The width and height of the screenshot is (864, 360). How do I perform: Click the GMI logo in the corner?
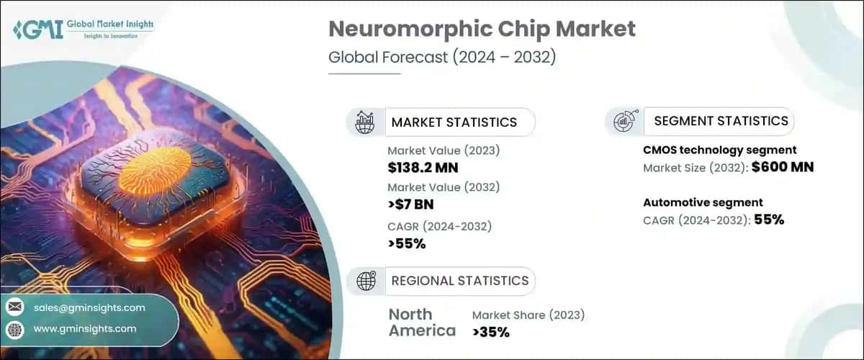[27, 30]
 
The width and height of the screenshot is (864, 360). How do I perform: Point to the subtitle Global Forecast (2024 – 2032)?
[442, 58]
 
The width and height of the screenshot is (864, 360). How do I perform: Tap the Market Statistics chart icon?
[365, 122]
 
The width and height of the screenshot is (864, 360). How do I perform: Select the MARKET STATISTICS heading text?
[454, 122]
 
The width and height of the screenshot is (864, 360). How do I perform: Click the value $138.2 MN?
[423, 168]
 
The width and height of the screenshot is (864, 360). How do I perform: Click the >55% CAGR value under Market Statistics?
[407, 243]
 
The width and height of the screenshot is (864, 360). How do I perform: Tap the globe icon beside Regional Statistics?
[365, 281]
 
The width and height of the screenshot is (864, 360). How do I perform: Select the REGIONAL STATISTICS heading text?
[459, 281]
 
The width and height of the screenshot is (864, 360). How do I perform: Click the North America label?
[422, 323]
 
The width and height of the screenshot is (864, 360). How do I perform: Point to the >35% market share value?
[491, 332]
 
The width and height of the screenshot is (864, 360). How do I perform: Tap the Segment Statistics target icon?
[622, 122]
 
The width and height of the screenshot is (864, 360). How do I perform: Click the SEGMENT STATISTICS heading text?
[721, 121]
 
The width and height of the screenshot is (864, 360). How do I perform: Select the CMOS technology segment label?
[719, 150]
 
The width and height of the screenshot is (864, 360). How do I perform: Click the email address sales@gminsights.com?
[89, 307]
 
